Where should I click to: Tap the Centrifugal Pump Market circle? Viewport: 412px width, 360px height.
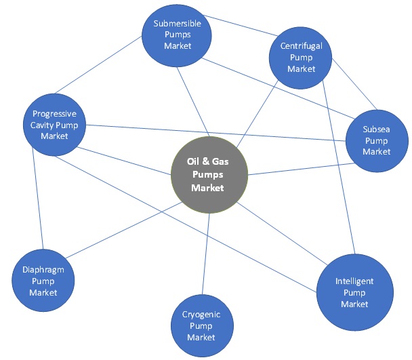click(x=301, y=58)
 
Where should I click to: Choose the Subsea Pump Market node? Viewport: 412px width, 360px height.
click(x=377, y=141)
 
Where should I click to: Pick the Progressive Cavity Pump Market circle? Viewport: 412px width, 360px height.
click(x=55, y=125)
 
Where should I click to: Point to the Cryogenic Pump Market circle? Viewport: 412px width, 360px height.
click(x=201, y=325)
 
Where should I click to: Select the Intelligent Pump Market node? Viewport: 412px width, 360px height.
click(x=354, y=292)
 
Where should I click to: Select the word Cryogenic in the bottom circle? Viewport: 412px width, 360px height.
click(x=201, y=315)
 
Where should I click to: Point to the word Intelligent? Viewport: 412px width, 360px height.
click(x=354, y=281)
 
